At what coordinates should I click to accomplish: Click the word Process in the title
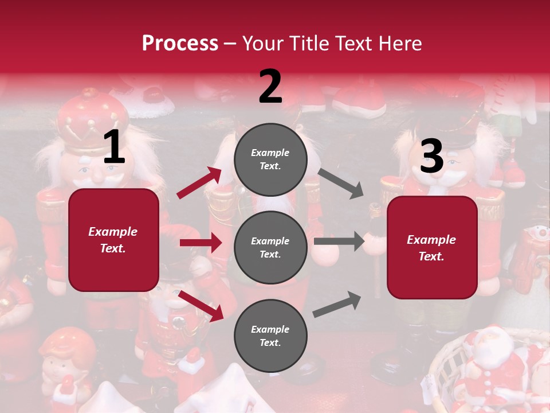180,44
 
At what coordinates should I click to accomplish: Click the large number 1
114,147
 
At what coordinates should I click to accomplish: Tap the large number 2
270,87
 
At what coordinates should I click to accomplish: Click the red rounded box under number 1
113,240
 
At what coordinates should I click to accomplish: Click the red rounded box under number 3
431,247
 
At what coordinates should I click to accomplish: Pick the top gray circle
270,159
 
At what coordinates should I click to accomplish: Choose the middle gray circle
270,248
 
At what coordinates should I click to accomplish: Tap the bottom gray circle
270,336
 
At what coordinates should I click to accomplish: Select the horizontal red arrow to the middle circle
201,243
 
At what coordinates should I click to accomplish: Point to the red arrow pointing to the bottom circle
201,305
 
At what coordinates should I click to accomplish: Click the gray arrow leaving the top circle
341,183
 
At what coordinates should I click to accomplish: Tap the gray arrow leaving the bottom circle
337,304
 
